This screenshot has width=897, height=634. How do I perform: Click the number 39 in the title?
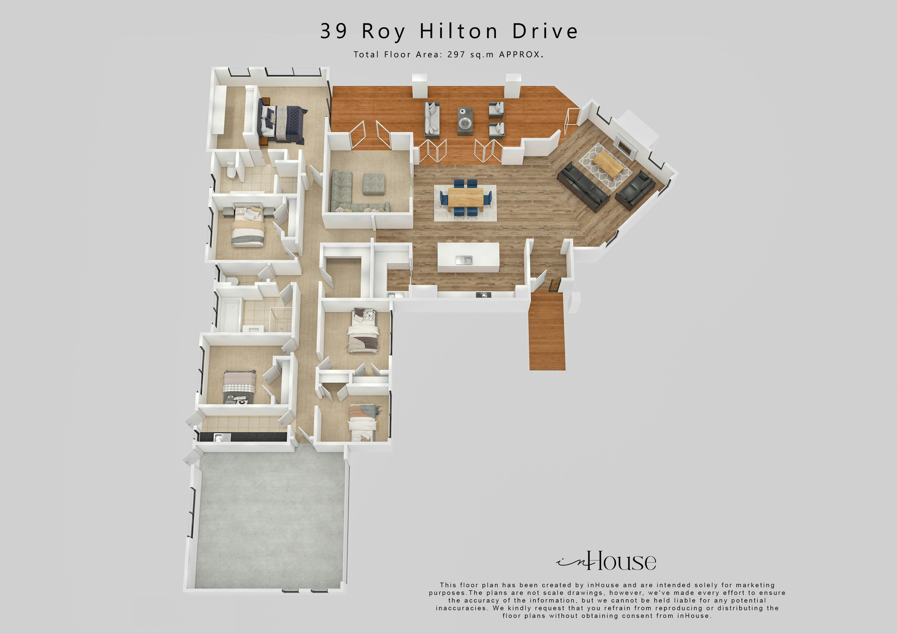(x=333, y=31)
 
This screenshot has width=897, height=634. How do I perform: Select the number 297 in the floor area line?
(x=456, y=55)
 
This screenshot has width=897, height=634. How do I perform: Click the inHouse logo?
(x=606, y=562)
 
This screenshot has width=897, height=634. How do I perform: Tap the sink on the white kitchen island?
(x=464, y=260)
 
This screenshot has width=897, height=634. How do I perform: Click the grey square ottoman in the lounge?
(x=374, y=184)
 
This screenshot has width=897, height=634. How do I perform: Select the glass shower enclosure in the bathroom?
(x=281, y=318)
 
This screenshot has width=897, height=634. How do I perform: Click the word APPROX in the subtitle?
(x=520, y=55)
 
